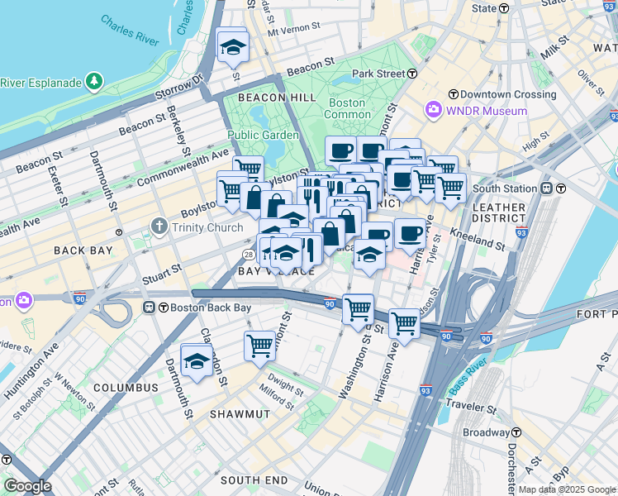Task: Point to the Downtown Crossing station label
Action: (x=503, y=94)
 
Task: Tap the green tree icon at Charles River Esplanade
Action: (x=95, y=81)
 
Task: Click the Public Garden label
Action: (x=262, y=136)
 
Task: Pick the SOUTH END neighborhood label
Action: (x=254, y=479)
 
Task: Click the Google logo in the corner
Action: (x=27, y=486)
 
